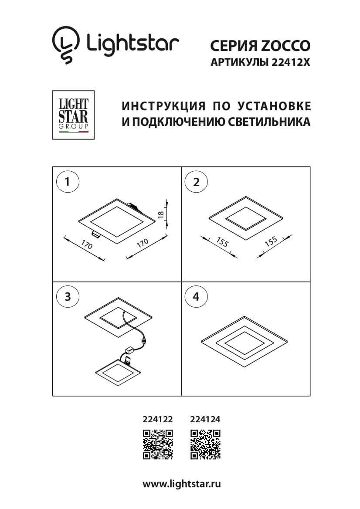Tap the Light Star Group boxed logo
[73, 115]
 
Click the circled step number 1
[68, 182]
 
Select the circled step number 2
[196, 182]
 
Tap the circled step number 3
[68, 297]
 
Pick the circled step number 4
[196, 297]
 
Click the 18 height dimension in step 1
[161, 214]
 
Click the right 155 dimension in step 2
[271, 242]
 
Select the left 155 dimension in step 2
[222, 242]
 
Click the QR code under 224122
[158, 445]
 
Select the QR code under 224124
[205, 445]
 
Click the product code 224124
[205, 420]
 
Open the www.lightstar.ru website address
[182, 484]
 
